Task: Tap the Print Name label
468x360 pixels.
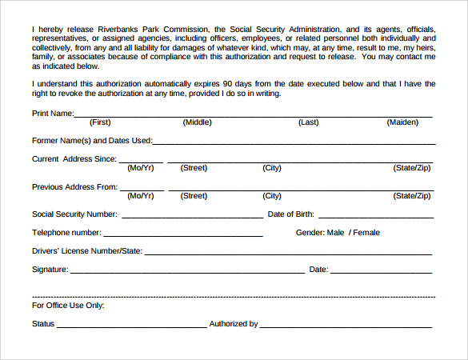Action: (52, 113)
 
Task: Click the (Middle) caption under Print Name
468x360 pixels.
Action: (197, 122)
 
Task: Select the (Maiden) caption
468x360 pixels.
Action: (402, 122)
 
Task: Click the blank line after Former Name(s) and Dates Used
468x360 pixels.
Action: (294, 142)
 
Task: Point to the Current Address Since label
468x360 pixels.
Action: (74, 158)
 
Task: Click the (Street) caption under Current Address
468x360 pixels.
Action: (194, 168)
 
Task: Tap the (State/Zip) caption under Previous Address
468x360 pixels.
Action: (412, 195)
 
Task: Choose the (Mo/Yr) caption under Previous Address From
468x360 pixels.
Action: (141, 195)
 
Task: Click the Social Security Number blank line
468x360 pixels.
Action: (192, 216)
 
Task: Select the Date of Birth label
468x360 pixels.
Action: (290, 214)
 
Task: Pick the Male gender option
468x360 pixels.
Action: (335, 233)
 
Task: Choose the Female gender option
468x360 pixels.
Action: (366, 233)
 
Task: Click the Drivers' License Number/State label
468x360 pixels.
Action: (86, 251)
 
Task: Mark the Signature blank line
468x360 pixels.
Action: (187, 272)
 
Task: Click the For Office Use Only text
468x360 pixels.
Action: (68, 306)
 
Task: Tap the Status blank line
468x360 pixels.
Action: (131, 326)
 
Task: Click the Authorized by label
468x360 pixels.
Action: (233, 324)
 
